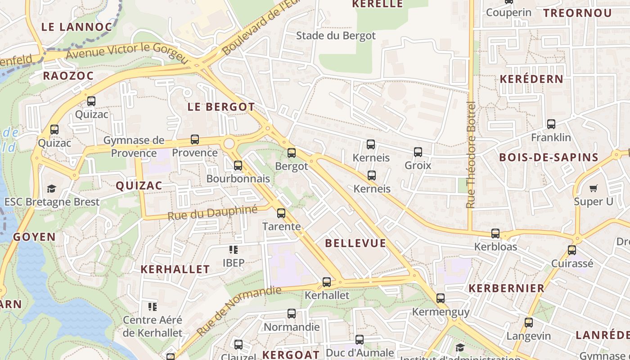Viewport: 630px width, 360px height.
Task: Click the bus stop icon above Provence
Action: click(x=195, y=139)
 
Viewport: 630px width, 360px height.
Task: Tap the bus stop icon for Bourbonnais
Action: click(x=238, y=166)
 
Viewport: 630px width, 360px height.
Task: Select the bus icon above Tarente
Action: click(x=281, y=213)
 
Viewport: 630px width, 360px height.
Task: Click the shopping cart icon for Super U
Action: click(x=594, y=188)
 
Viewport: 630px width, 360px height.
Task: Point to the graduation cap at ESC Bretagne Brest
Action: click(x=52, y=189)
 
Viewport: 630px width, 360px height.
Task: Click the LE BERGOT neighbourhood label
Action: click(x=221, y=107)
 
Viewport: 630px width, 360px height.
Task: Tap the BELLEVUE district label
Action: click(x=355, y=243)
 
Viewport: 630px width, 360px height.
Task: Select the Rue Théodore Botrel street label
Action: click(x=471, y=155)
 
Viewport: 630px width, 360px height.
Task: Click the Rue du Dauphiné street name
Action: click(x=212, y=212)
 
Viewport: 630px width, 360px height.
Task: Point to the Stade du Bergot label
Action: click(x=336, y=36)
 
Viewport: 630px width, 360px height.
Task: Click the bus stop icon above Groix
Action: click(x=418, y=152)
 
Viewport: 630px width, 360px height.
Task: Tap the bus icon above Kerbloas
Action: click(x=495, y=234)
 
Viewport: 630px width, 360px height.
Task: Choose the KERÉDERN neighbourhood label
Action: click(x=531, y=79)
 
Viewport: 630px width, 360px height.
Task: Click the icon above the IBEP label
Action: click(x=234, y=249)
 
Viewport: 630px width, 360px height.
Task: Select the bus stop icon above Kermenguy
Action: click(x=441, y=298)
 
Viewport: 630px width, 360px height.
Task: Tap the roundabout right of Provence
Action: click(x=229, y=144)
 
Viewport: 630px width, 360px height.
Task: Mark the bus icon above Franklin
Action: click(x=551, y=124)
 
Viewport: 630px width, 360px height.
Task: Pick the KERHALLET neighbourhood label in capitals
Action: click(x=175, y=270)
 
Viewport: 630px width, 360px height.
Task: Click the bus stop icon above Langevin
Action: click(x=529, y=323)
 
